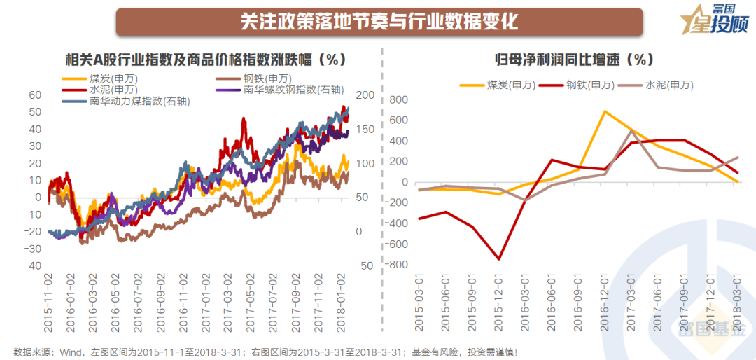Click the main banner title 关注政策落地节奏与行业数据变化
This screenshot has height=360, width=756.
[379, 21]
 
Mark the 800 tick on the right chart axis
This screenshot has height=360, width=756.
[399, 99]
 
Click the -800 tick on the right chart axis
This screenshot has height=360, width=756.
[396, 265]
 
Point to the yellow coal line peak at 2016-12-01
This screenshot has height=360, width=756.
[604, 111]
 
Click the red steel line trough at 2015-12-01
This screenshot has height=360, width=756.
[499, 259]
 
